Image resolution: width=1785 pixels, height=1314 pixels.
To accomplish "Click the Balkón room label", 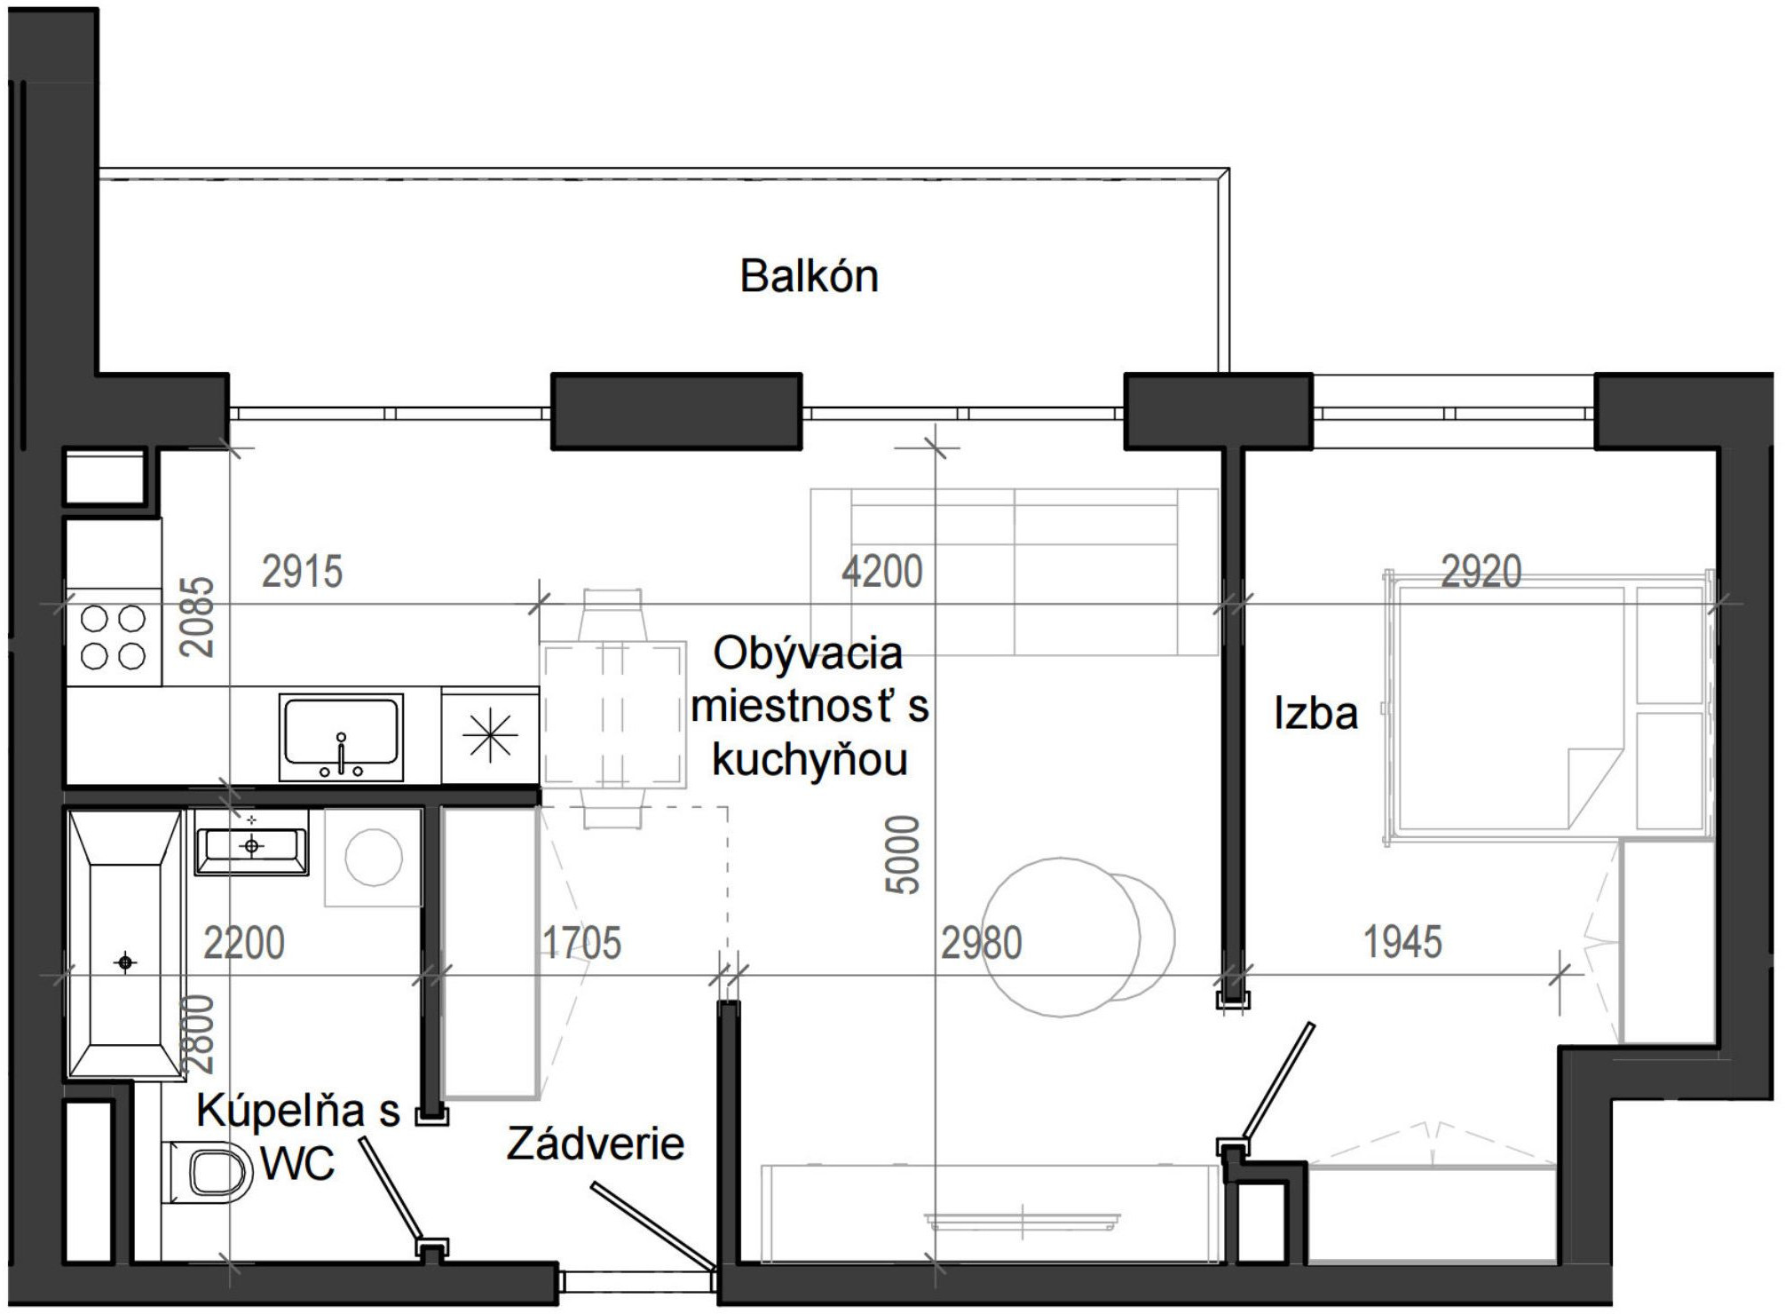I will point(809,276).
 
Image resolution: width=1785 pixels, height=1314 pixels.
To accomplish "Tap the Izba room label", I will point(1315,714).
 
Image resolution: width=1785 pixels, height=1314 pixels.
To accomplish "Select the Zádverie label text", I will point(595,1144).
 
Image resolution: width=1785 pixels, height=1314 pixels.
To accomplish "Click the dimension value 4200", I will point(881,571).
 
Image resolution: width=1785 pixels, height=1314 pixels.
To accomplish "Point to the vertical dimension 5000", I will point(904,854).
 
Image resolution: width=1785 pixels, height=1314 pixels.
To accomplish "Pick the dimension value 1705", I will point(581,943).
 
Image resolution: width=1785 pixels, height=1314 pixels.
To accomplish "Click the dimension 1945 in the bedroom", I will point(1402,942).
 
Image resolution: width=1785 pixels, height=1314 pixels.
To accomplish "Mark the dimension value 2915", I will point(302,571).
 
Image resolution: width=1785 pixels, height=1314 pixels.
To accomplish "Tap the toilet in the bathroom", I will point(209,1172).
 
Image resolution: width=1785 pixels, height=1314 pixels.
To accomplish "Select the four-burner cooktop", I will point(113,637).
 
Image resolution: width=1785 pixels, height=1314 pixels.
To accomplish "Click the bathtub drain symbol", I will point(125,962).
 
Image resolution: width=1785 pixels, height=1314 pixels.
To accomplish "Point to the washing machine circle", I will point(373,858).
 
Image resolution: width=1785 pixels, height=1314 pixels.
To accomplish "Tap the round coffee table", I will point(1062,937).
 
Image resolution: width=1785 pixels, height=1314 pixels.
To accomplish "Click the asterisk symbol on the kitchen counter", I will point(489,736).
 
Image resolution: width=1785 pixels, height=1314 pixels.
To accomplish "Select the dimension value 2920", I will point(1481,571).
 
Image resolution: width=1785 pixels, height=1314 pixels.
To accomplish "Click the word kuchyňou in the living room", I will point(810,760).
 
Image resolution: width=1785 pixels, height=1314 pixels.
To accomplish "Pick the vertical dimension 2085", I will point(197,616).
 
